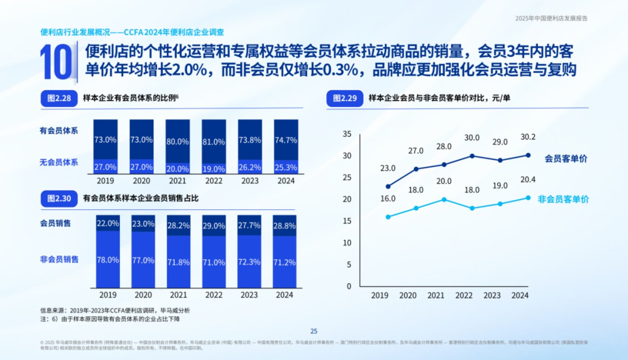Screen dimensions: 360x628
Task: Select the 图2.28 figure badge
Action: [59, 99]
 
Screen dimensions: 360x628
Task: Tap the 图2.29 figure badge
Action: [345, 99]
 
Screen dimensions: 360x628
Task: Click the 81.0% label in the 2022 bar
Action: [213, 142]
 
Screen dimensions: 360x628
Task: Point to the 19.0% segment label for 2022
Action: [213, 169]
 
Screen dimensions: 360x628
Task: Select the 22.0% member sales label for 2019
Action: [107, 223]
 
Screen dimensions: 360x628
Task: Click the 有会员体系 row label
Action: [59, 131]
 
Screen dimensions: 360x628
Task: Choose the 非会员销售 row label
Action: [59, 259]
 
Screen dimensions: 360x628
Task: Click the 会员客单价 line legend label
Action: [566, 158]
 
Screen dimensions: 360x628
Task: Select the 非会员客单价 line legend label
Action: [563, 200]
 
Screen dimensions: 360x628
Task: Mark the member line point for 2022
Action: [472, 156]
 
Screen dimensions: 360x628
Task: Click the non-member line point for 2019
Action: [388, 217]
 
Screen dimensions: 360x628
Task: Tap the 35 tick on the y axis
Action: [347, 134]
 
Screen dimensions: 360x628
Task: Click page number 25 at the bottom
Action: [314, 331]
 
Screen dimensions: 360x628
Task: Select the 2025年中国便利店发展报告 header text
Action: [551, 18]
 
